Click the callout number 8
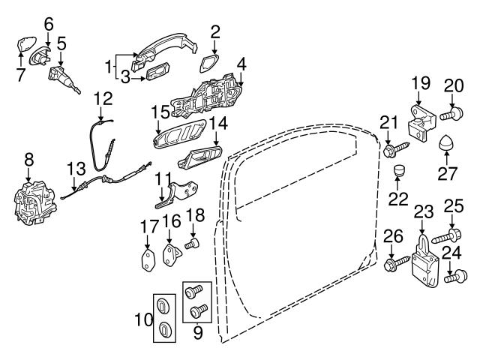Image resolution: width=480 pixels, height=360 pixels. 29,160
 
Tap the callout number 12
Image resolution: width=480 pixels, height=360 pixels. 103,98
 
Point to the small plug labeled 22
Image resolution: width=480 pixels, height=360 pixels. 398,170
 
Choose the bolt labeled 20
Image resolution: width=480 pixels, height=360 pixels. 451,114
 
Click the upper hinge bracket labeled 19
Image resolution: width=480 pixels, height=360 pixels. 422,122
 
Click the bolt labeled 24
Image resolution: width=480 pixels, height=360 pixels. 456,276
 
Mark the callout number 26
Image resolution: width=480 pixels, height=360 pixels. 393,237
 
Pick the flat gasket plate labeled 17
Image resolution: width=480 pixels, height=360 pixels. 148,260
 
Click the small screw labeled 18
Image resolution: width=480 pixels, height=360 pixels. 192,244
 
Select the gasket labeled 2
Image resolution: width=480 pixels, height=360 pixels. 209,64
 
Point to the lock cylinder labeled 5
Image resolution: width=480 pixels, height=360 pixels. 64,78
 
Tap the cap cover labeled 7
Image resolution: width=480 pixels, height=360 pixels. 26,45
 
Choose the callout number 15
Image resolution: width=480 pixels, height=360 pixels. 160,112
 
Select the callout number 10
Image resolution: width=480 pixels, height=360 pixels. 144,320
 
